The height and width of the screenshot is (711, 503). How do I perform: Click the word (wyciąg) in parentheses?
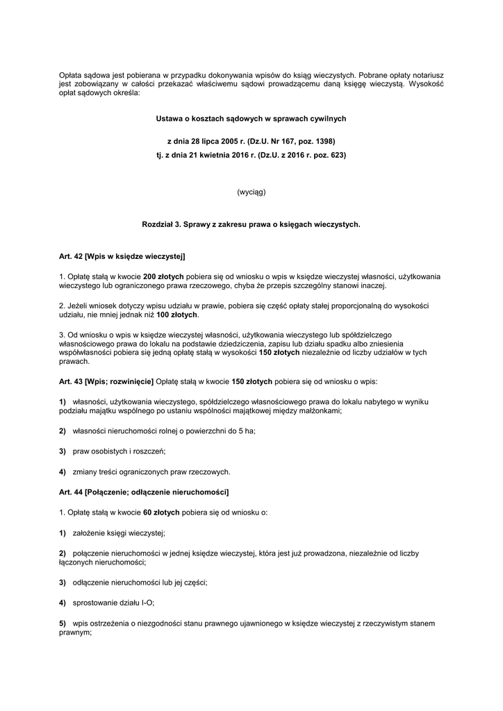251,192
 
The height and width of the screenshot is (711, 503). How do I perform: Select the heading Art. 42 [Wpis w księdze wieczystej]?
122,257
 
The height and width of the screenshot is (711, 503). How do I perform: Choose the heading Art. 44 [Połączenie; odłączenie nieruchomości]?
144,492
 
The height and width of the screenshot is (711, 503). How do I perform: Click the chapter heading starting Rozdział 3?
251,224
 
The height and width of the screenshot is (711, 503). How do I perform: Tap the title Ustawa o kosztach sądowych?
251,119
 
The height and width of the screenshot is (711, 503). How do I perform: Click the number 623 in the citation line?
336,155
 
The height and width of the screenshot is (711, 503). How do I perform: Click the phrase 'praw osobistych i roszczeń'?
119,451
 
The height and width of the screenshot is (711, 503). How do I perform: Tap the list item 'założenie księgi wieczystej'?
119,533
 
